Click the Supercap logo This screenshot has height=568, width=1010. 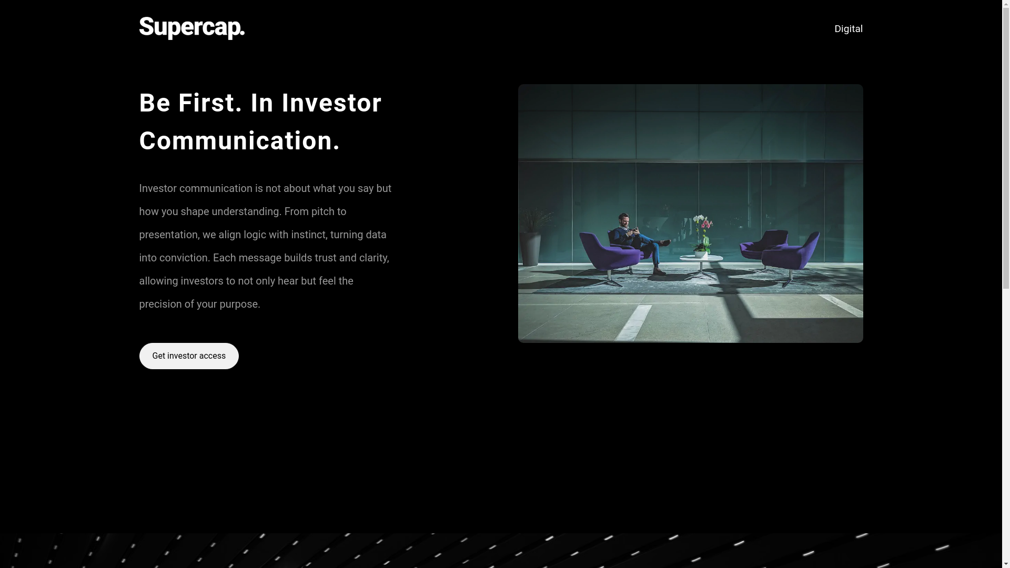click(x=192, y=28)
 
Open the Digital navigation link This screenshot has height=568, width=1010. click(x=849, y=29)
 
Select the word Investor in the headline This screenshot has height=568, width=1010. click(x=331, y=103)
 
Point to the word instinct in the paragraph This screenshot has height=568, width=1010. click(x=309, y=235)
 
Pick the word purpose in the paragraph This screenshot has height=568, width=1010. click(x=240, y=305)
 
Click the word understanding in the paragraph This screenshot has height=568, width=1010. click(x=246, y=211)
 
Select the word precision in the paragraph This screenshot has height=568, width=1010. click(x=160, y=305)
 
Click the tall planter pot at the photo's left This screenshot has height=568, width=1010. click(x=531, y=247)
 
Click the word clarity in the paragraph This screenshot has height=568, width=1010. click(x=374, y=258)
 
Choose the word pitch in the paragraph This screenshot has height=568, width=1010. click(x=322, y=212)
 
